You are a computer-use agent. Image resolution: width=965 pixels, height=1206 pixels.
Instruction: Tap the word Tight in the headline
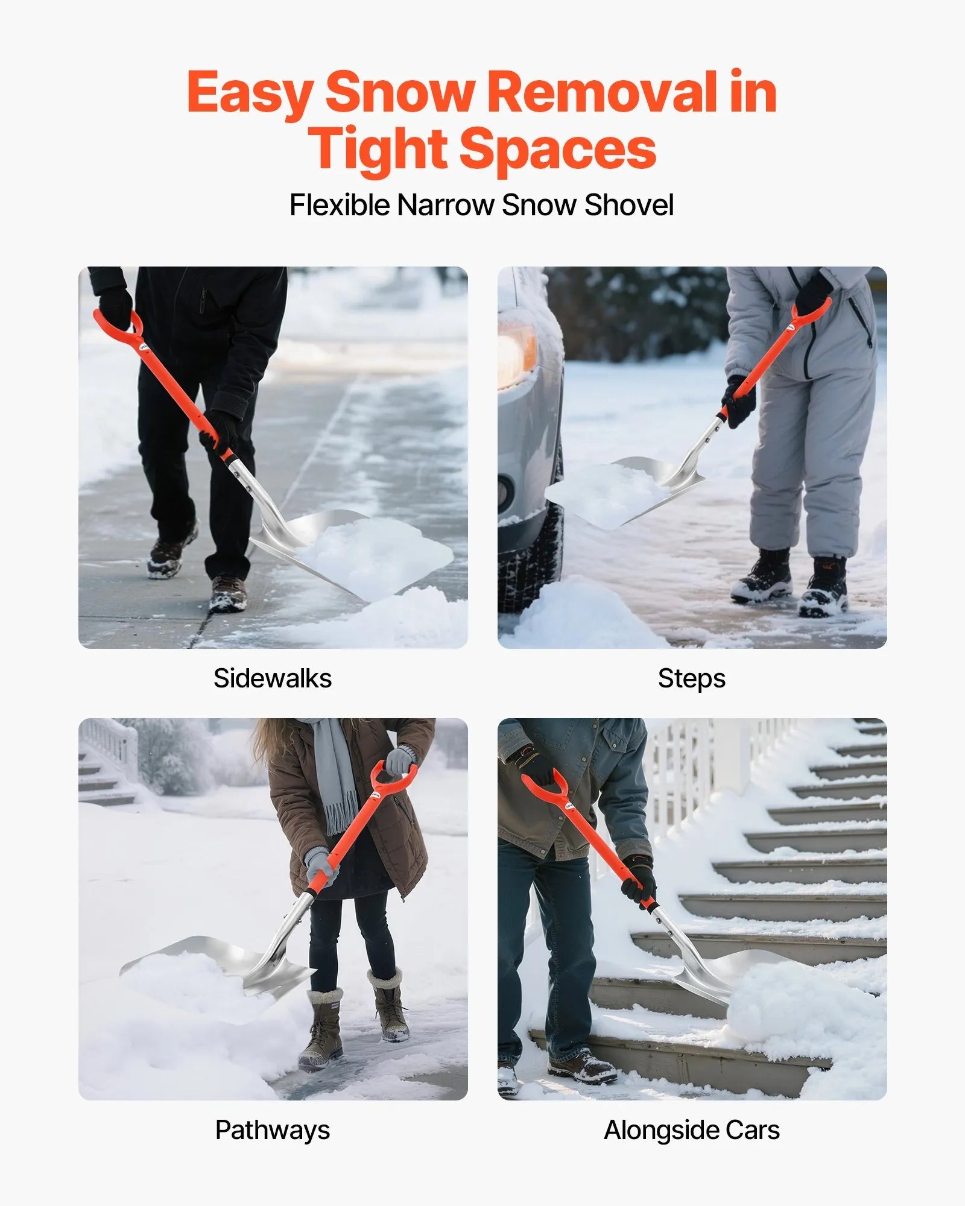(378, 149)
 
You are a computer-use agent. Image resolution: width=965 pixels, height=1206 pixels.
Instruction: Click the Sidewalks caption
(273, 678)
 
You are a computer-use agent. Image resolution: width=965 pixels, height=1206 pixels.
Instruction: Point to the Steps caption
(691, 678)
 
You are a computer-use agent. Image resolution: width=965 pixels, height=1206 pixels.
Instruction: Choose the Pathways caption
(273, 1130)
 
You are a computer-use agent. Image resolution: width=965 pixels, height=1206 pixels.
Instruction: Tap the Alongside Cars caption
(691, 1130)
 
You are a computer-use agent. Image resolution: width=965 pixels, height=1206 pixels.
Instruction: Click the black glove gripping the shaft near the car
(739, 401)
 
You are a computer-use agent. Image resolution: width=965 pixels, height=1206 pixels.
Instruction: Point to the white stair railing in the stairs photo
(694, 778)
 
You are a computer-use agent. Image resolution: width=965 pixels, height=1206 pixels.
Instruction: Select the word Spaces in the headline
(558, 149)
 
